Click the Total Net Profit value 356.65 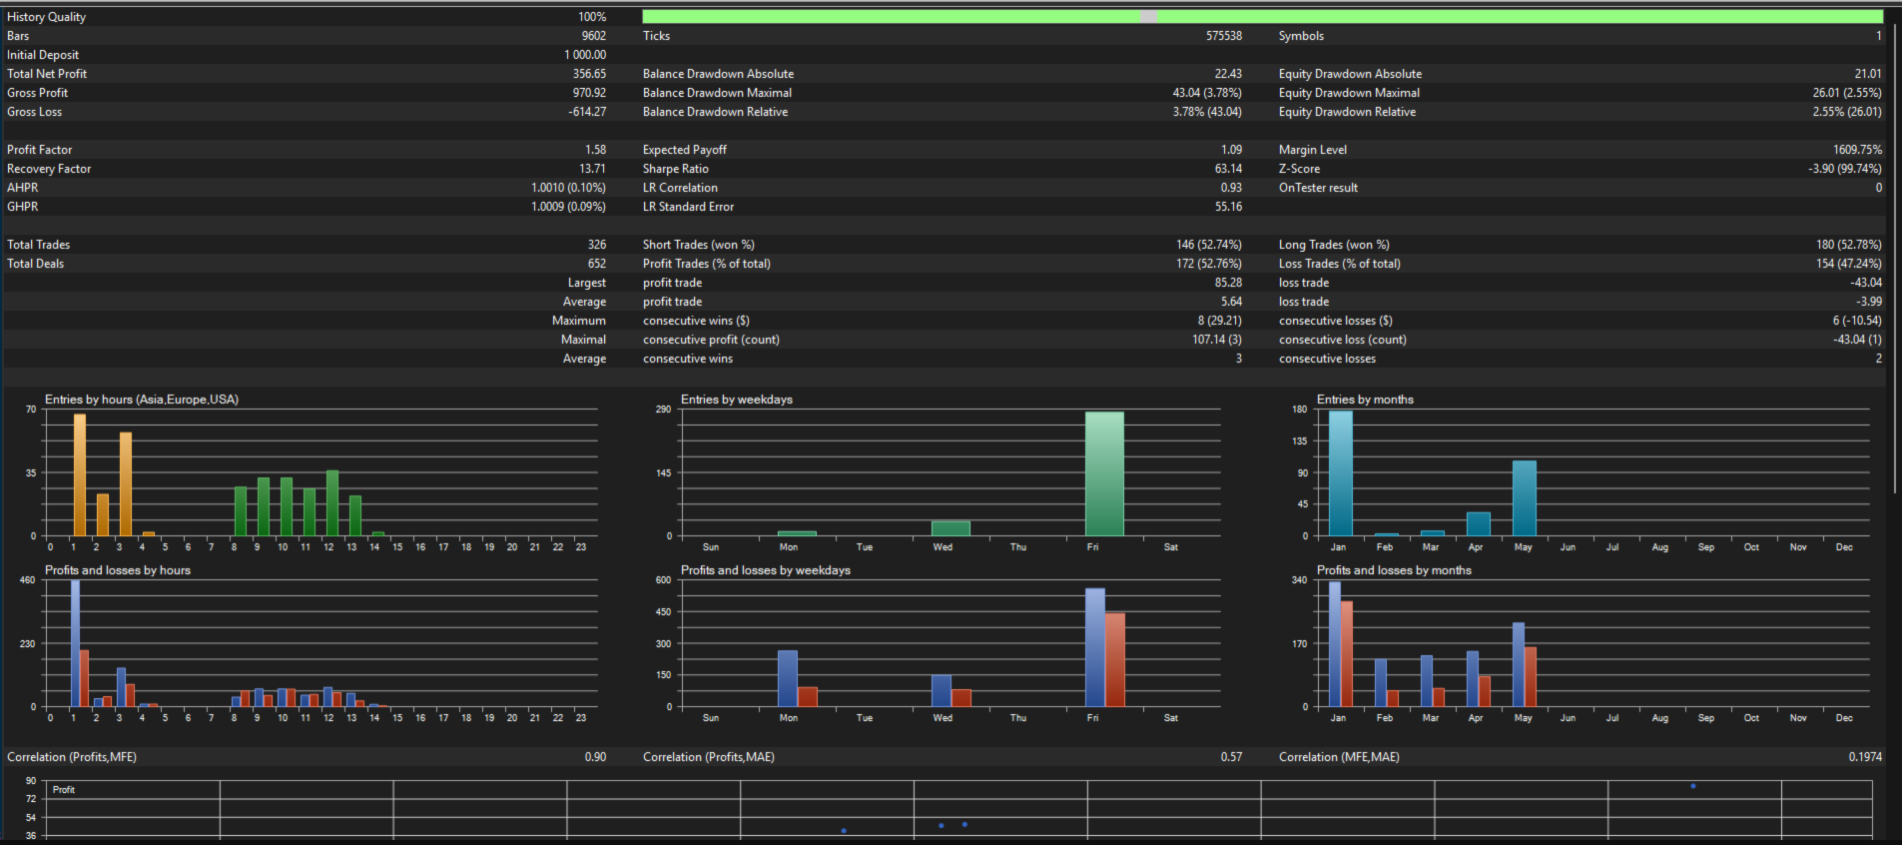589,74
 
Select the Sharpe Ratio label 676,169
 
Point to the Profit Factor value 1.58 595,150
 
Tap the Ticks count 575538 1224,36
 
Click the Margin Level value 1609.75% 1857,150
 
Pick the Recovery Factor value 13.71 592,169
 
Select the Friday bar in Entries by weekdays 1104,473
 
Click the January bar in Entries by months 1341,473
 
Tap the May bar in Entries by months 1525,498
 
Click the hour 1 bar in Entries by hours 80,475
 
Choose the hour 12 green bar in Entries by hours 332,503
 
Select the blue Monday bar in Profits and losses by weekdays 788,678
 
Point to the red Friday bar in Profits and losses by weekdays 1115,660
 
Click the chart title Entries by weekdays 737,400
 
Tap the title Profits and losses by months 1394,570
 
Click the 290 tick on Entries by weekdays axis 663,410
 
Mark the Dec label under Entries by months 1844,547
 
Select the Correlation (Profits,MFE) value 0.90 595,757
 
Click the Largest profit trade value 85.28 1228,283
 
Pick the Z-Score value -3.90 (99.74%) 1845,169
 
